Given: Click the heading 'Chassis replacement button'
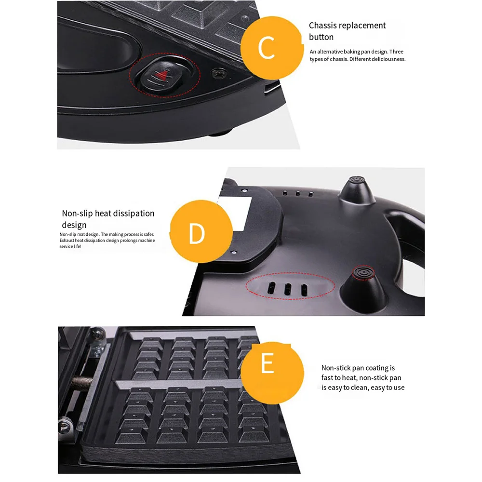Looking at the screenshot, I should pyautogui.click(x=347, y=31).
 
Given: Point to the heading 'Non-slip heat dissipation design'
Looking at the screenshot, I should pyautogui.click(x=108, y=219).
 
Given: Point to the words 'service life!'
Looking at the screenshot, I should pyautogui.click(x=70, y=246).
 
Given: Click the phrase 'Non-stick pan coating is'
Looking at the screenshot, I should pyautogui.click(x=358, y=368).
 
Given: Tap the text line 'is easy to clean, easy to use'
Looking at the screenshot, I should pyautogui.click(x=363, y=388).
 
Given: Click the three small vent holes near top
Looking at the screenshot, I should pyautogui.click(x=297, y=194).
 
